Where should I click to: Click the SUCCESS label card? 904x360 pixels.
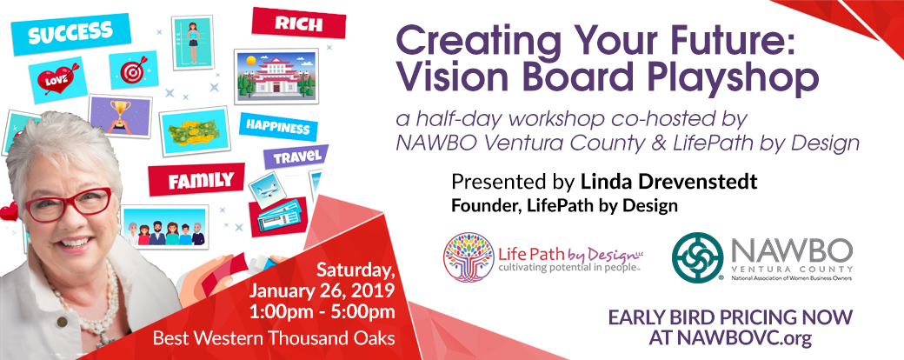coord(71,34)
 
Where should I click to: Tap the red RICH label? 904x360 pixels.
coord(299,23)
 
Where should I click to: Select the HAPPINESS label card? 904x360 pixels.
coord(278,126)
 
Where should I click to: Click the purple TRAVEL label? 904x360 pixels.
coord(296,157)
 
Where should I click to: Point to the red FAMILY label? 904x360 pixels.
coord(196,180)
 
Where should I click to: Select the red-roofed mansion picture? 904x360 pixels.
coord(276,77)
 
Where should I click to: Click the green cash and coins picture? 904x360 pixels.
coord(195,131)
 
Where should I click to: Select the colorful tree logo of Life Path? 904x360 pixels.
coord(469,257)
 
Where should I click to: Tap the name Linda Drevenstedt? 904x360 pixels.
coord(668,182)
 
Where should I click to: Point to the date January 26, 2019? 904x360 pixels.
coord(322,290)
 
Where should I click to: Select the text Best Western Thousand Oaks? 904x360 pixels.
coord(274,337)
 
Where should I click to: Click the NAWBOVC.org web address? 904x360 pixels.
coord(730,338)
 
